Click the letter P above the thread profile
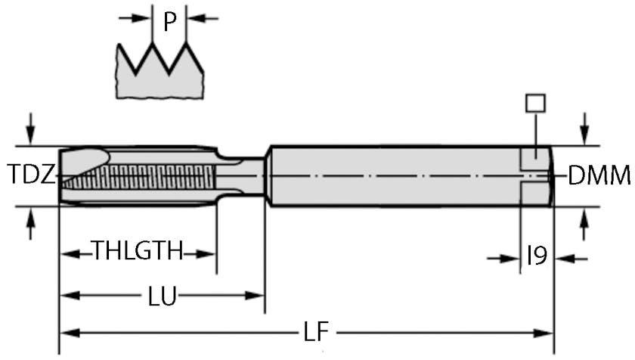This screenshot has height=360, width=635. pos(170,23)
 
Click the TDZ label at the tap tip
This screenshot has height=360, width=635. pos(31,176)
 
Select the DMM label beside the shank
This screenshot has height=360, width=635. pos(599,176)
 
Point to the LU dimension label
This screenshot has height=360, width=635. pos(162,296)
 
